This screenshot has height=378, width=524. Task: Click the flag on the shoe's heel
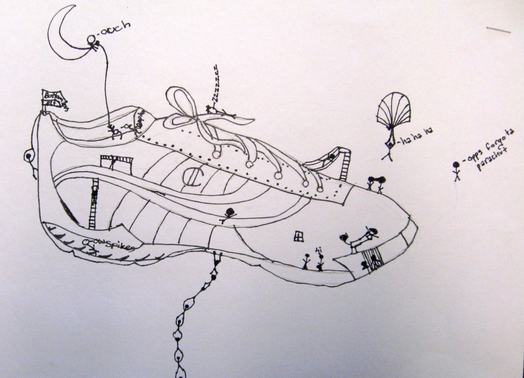(x=54, y=97)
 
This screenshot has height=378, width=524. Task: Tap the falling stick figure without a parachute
(x=456, y=171)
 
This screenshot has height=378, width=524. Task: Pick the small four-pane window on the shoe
(x=298, y=236)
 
